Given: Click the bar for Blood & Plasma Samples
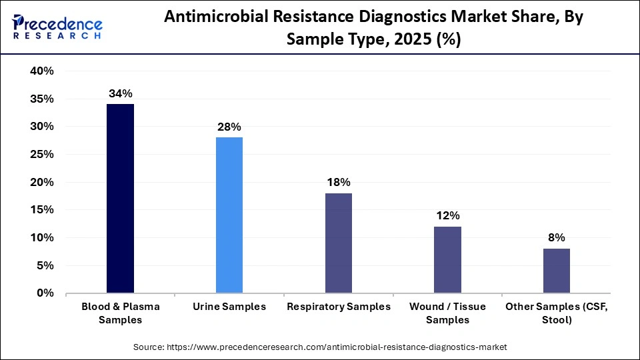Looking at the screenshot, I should point(120,198).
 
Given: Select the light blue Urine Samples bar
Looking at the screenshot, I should point(229,215).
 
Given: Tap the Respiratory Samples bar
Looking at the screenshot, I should point(338,243).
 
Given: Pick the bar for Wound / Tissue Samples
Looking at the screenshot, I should point(447,259).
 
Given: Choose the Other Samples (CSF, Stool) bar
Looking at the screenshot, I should point(556,271).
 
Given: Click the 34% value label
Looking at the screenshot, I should point(121,93).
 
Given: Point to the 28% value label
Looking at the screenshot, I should point(229,127).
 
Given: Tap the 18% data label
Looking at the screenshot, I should point(338,182).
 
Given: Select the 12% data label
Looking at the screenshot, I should point(447,215).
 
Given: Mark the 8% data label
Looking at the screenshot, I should point(556,237).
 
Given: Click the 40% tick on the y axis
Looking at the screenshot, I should point(41,71).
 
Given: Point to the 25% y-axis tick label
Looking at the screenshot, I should point(41,155).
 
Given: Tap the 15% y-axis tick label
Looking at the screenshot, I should point(41,210).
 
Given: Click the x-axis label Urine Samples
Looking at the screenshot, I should point(229,307).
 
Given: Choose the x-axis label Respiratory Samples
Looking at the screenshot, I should point(338,307).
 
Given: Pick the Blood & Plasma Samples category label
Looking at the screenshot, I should point(121,313).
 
